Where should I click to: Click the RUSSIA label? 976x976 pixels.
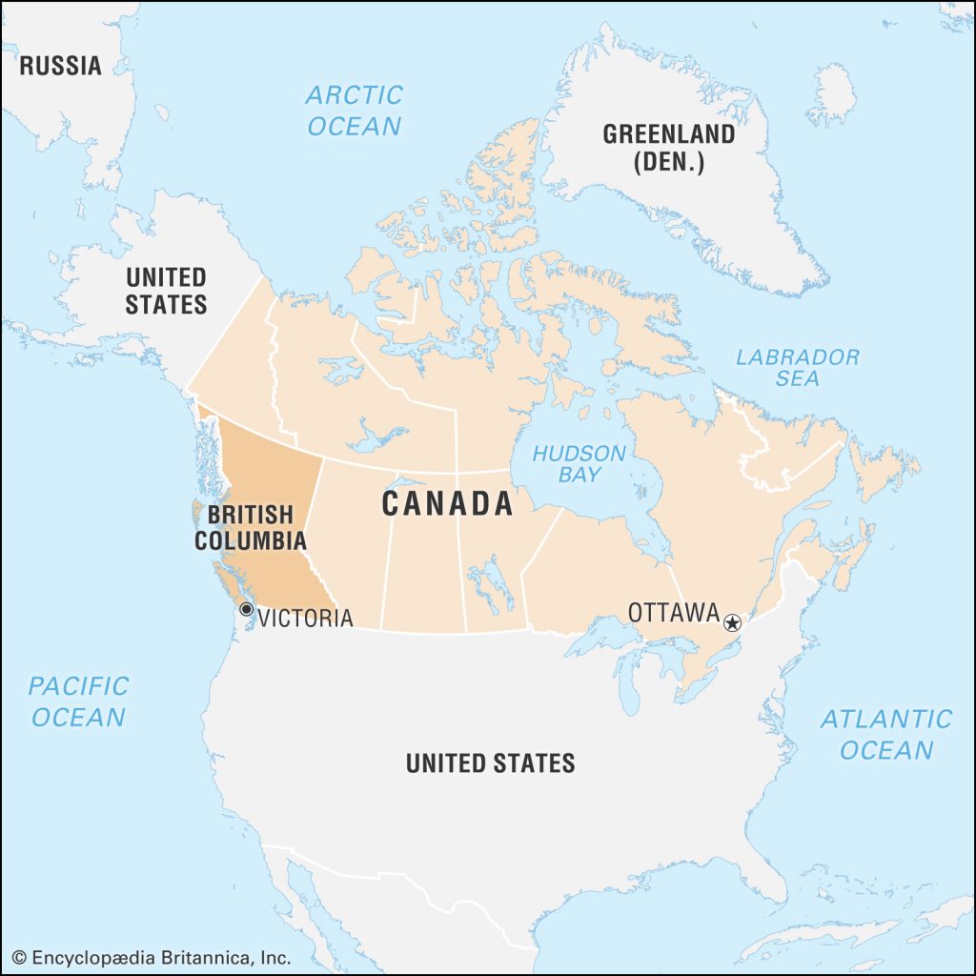coord(60,66)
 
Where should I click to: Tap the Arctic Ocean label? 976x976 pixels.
coord(354,110)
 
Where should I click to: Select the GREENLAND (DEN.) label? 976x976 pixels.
coord(668,148)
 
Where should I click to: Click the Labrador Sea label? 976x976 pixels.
coord(797,367)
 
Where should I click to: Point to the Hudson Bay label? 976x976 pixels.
coord(579,463)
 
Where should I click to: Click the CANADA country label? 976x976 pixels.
coord(448,503)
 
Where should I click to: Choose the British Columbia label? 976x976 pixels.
coord(251,527)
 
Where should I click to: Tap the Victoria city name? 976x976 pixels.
coord(305,618)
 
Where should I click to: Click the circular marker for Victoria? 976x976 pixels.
coord(246,609)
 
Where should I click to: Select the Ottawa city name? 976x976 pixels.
coord(673,613)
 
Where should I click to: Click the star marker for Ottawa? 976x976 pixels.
coord(732,623)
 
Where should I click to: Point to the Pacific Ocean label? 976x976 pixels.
coord(78,701)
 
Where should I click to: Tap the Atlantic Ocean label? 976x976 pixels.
coord(886,734)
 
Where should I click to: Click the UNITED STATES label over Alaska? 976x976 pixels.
coord(167,291)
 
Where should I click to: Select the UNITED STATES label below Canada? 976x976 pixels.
coord(490,762)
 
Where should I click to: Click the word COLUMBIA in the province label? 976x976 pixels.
coord(251,540)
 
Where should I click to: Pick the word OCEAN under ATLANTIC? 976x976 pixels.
coord(886,750)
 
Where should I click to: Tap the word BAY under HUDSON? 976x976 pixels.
coord(579,475)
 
